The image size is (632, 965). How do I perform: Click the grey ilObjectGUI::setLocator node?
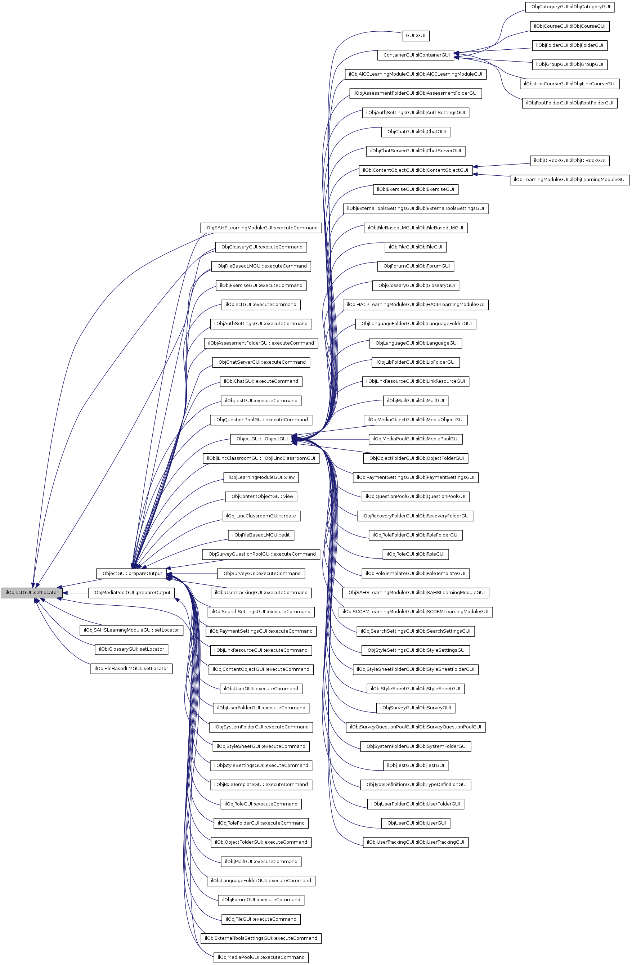coord(32,592)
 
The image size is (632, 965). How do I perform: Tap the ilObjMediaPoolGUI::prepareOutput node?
coord(131,592)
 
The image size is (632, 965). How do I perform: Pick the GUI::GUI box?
coord(416,36)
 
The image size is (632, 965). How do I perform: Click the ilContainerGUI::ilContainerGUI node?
coord(416,55)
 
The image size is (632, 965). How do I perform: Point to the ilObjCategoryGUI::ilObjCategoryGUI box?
coord(569,7)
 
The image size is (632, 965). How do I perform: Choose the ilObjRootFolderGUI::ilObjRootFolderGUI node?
coord(569,103)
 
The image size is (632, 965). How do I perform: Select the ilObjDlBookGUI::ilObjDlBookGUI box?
coord(569,161)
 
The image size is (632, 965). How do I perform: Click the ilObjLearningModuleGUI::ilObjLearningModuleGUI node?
coord(569,180)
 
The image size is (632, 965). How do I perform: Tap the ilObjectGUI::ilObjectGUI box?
coord(261,439)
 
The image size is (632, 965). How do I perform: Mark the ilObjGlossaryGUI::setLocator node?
coord(131,649)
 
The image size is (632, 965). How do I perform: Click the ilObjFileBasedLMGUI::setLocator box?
coord(131,669)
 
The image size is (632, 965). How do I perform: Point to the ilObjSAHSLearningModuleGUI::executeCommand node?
coord(261,228)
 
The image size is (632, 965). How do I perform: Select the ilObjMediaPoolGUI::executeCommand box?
coord(261,957)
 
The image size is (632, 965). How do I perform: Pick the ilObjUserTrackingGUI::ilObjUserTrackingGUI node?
coord(416,842)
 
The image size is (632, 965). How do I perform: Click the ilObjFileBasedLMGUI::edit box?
coord(261,535)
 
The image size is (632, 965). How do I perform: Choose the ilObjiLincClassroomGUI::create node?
coord(261,516)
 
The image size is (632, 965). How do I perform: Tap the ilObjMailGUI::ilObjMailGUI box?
coord(416,401)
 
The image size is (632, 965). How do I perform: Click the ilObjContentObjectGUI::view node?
coord(261,496)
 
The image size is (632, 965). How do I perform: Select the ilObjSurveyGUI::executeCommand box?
coord(261,573)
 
